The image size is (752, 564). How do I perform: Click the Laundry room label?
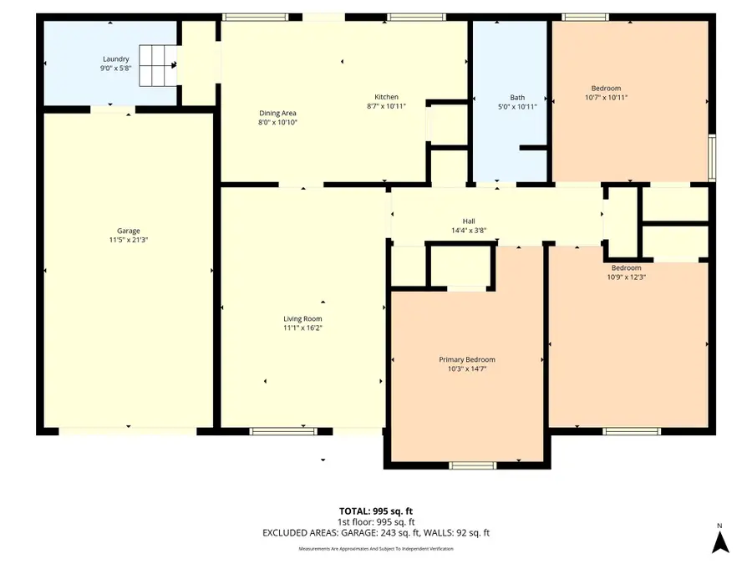tap(115, 58)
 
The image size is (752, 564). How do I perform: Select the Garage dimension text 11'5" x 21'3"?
tap(128, 240)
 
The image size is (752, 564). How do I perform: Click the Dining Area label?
tap(277, 113)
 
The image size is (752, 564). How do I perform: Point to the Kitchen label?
tap(386, 97)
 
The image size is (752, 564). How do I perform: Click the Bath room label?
tap(517, 97)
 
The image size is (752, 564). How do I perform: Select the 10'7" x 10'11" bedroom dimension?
tap(606, 98)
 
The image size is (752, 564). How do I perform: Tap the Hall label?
tap(469, 221)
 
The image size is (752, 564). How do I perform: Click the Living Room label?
tap(302, 318)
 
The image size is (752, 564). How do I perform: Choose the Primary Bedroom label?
tap(467, 359)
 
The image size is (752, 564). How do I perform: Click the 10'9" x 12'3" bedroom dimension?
tap(626, 277)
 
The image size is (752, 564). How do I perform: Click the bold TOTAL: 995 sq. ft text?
tap(375, 510)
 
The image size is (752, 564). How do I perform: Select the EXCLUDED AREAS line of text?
tap(375, 532)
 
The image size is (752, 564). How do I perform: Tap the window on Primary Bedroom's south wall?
tap(466, 465)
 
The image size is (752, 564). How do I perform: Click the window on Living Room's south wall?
tap(277, 432)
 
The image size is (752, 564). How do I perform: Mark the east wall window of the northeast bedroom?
tap(712, 157)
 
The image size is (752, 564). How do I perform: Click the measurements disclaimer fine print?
tap(375, 549)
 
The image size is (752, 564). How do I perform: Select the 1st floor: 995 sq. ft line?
tap(375, 521)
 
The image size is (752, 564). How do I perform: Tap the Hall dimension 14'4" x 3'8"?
tap(469, 231)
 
